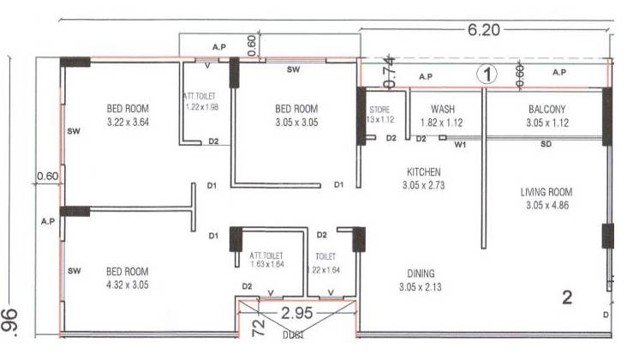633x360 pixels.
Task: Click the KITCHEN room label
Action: click(x=423, y=171)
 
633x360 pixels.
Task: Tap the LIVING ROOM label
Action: click(x=546, y=192)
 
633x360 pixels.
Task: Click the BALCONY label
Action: click(x=546, y=109)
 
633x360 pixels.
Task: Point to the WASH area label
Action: click(x=443, y=109)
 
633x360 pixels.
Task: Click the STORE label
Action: click(x=379, y=110)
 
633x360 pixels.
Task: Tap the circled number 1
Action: click(x=487, y=75)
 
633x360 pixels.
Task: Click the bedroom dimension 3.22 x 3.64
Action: click(x=126, y=123)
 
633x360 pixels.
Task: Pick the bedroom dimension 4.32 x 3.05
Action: click(x=126, y=284)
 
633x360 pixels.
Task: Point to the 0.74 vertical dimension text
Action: click(x=390, y=71)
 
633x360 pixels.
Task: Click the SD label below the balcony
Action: click(x=546, y=145)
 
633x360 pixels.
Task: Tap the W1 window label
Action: click(x=460, y=145)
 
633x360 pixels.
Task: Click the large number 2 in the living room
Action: click(x=566, y=298)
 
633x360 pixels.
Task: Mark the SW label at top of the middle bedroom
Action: click(x=293, y=69)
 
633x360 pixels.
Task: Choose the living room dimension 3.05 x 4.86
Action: click(x=546, y=206)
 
